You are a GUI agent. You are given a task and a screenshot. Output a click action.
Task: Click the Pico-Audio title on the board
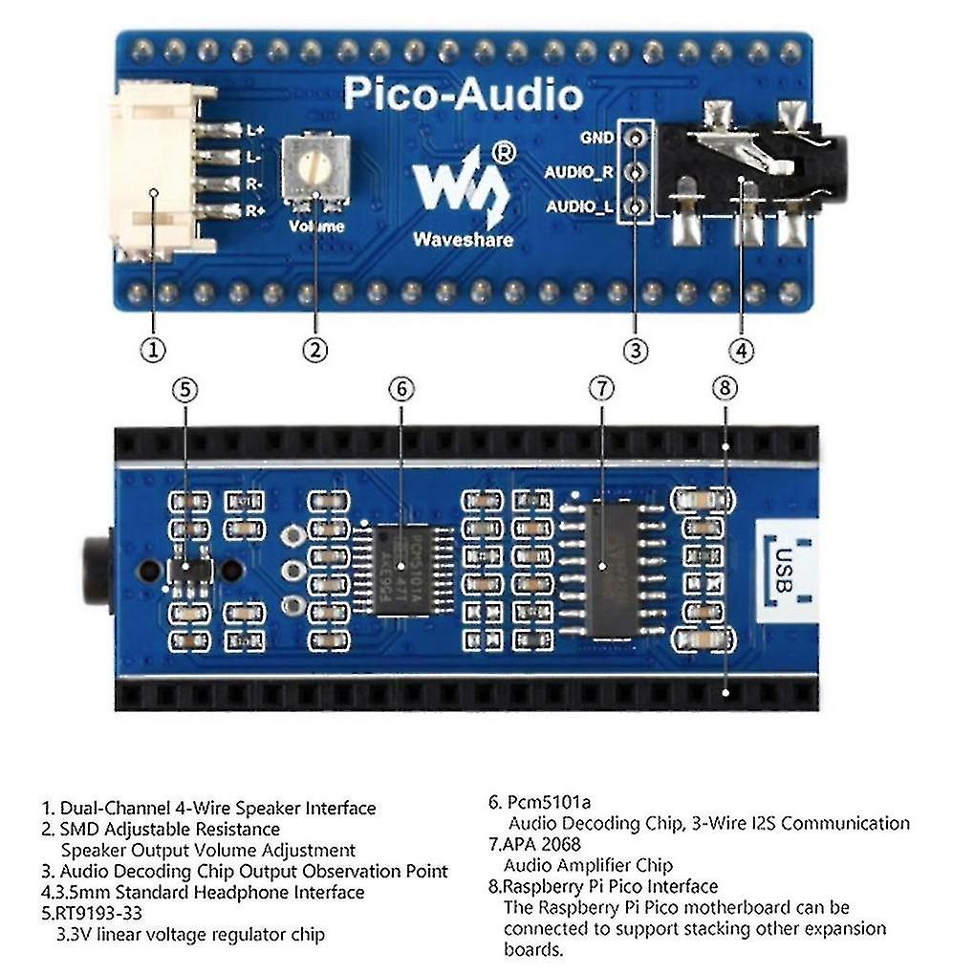[x=463, y=95]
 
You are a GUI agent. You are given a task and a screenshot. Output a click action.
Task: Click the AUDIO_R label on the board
[x=579, y=173]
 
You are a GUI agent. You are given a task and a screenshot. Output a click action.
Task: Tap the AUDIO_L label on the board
[x=579, y=206]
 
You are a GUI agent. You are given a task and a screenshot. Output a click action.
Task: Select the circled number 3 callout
[x=636, y=350]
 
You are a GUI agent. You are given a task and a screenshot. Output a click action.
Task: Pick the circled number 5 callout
[x=185, y=389]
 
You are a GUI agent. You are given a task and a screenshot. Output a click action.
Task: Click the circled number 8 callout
[x=725, y=388]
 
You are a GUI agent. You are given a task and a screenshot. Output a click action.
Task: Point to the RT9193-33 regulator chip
[x=188, y=570]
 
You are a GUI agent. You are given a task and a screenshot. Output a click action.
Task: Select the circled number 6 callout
[x=401, y=389]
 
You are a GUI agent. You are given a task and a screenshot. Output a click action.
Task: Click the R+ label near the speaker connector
[x=254, y=211]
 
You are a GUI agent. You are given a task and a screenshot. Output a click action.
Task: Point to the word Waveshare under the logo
[x=463, y=239]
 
